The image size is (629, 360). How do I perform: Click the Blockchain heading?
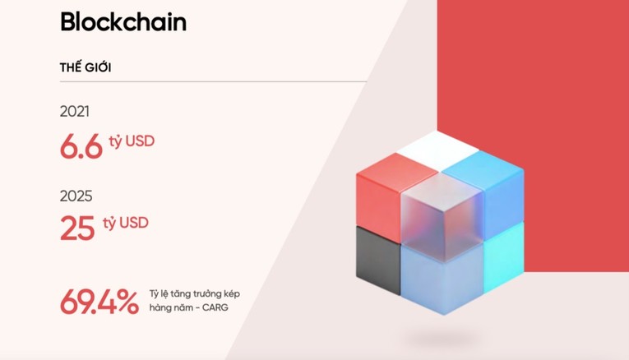pyautogui.click(x=123, y=22)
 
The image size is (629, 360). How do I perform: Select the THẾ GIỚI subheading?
pyautogui.click(x=86, y=67)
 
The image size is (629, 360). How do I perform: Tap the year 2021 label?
pyautogui.click(x=75, y=112)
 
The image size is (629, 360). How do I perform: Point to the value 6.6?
pyautogui.click(x=81, y=146)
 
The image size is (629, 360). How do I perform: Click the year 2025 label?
pyautogui.click(x=76, y=196)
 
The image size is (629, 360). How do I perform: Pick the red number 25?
pyautogui.click(x=77, y=228)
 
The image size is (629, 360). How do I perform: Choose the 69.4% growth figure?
pyautogui.click(x=99, y=302)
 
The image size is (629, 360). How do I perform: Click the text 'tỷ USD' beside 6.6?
pyautogui.click(x=131, y=141)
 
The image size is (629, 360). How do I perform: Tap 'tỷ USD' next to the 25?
pyautogui.click(x=126, y=223)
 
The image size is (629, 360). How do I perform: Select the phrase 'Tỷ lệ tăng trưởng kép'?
pyautogui.click(x=195, y=293)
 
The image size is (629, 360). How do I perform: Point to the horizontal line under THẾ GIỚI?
pyautogui.click(x=213, y=82)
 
